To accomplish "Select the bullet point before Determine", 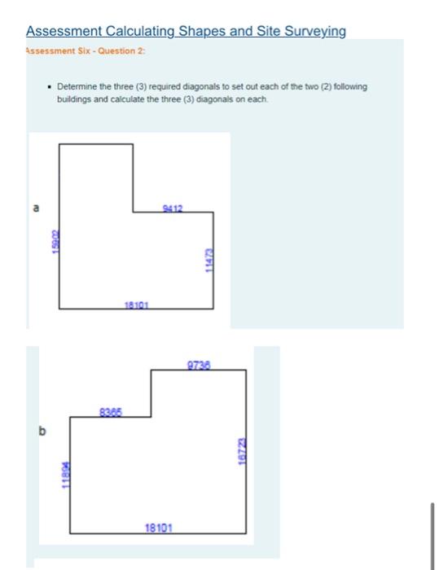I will click(x=50, y=86).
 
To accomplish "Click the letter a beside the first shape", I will click(x=35, y=208).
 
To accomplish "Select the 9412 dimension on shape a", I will click(x=172, y=208).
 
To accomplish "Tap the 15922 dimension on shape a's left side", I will click(x=53, y=243).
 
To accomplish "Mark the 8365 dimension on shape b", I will click(x=111, y=411).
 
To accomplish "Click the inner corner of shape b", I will click(x=151, y=416).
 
